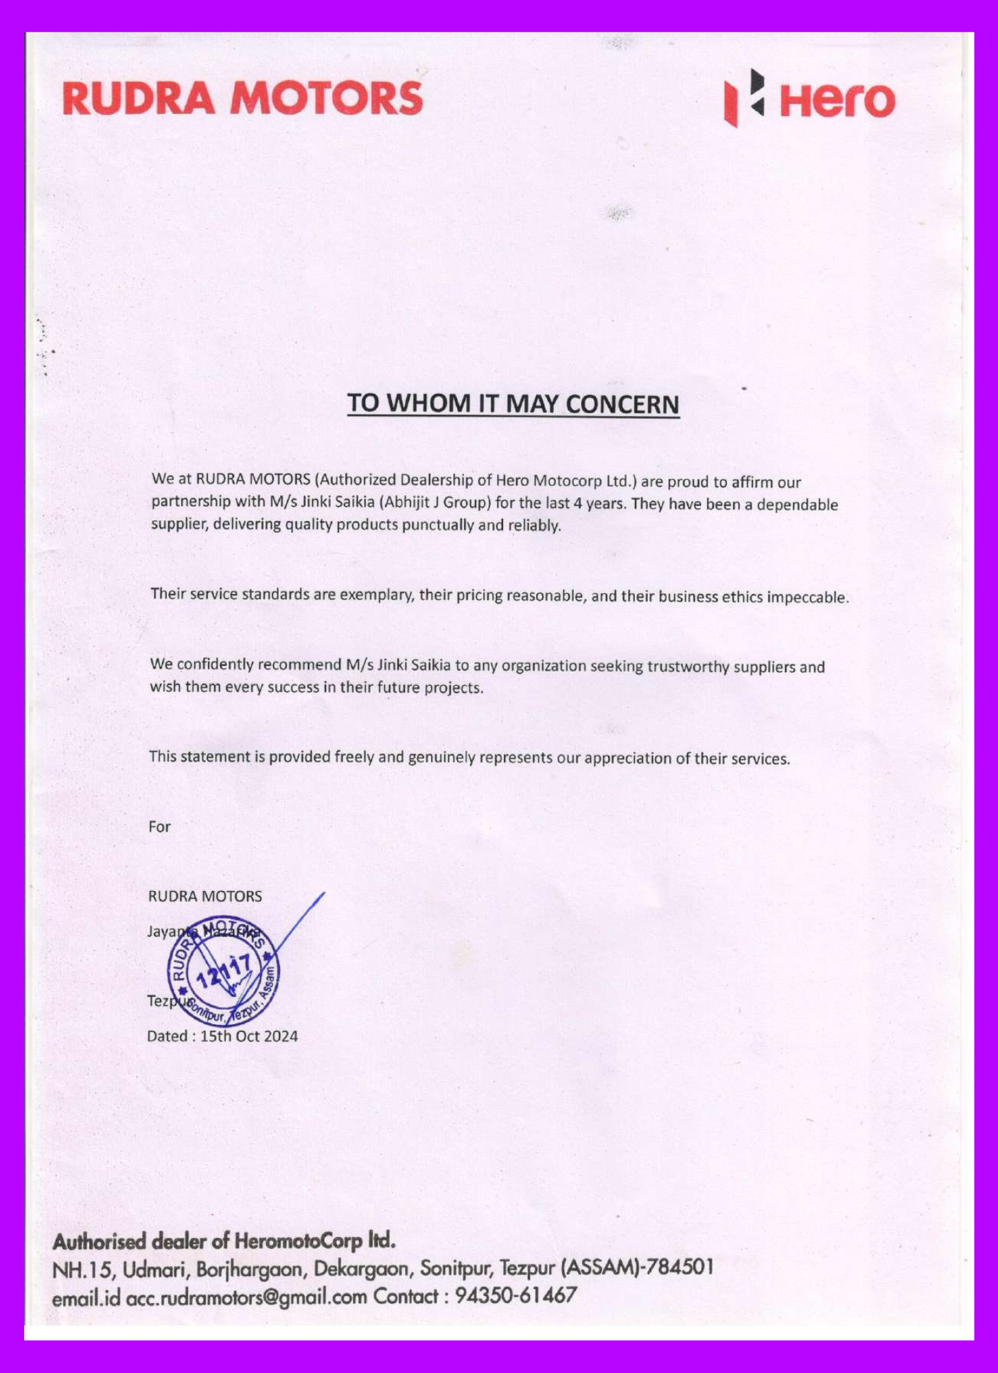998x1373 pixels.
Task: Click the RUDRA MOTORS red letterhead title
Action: [242, 98]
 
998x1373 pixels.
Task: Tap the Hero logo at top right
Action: [810, 99]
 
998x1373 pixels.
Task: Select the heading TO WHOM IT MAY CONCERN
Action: [513, 403]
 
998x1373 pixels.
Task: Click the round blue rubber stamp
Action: [224, 971]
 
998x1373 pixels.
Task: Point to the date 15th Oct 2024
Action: [248, 1037]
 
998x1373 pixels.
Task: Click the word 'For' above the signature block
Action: [159, 827]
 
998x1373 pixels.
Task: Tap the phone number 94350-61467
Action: [516, 1296]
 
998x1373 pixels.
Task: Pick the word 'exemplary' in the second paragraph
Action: [377, 595]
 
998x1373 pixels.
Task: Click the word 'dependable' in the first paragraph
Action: [797, 505]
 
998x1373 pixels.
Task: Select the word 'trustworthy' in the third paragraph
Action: [688, 666]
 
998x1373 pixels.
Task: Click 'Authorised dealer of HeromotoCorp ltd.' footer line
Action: [224, 1241]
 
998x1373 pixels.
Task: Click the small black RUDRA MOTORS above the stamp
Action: [205, 896]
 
